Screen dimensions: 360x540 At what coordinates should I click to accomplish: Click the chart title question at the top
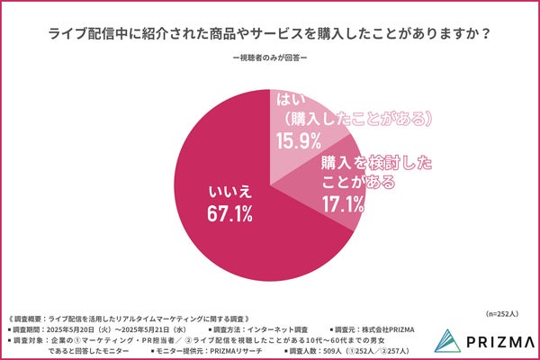[x=269, y=34]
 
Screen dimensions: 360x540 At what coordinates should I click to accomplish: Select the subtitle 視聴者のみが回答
[x=269, y=59]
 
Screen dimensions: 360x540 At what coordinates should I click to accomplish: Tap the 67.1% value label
[x=229, y=213]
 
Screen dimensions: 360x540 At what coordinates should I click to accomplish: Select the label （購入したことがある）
[x=355, y=119]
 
